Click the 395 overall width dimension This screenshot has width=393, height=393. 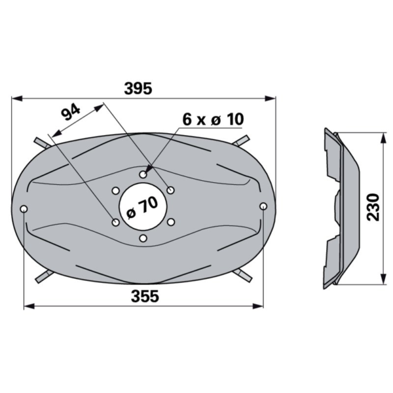[138, 88]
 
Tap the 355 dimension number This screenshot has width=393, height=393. [145, 296]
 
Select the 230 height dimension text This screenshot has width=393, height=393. [373, 207]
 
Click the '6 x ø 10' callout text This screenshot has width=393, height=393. [213, 119]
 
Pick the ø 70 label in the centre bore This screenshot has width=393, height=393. [142, 207]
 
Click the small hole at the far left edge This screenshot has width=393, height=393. [24, 209]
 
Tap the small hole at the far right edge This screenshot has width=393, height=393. [263, 206]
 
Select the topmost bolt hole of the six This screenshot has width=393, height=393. [143, 174]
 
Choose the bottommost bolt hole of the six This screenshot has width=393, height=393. [143, 238]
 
